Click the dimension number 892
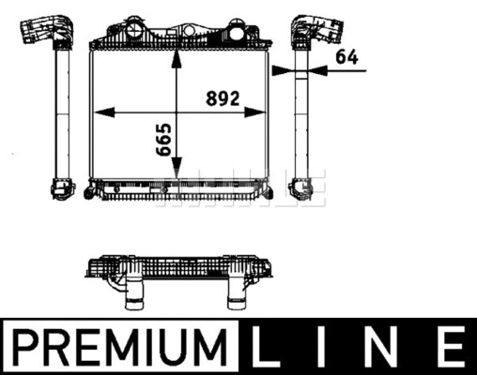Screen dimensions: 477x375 (223, 98)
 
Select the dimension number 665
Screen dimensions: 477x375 (163, 140)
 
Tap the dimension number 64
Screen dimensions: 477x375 (346, 57)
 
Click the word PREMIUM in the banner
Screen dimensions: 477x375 (119, 347)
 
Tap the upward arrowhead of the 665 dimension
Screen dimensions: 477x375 (177, 59)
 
